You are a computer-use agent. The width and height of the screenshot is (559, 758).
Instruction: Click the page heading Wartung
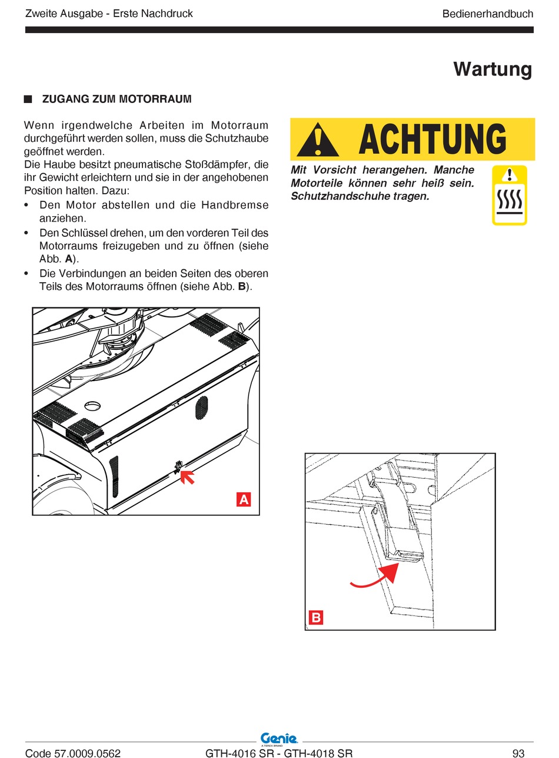click(x=493, y=69)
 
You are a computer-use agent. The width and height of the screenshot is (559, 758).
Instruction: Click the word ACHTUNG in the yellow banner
click(x=432, y=140)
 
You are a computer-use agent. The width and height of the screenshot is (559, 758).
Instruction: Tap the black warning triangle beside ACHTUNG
click(x=318, y=140)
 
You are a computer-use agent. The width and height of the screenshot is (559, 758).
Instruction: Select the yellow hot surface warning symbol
click(x=509, y=195)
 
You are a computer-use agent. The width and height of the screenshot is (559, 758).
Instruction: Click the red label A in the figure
click(x=243, y=499)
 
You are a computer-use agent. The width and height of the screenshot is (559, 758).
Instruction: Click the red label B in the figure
click(x=316, y=617)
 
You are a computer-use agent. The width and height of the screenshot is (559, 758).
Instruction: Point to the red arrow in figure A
click(x=188, y=476)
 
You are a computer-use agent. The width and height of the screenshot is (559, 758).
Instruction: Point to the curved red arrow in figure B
click(x=377, y=577)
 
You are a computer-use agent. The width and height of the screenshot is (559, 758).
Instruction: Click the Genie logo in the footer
click(x=279, y=739)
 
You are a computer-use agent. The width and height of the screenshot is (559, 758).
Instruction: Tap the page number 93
click(x=518, y=753)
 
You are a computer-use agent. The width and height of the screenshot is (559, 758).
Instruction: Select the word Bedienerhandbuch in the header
click(x=487, y=14)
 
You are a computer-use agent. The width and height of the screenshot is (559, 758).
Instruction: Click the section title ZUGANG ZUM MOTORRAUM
click(x=117, y=99)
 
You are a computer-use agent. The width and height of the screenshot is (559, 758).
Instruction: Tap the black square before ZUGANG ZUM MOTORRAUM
click(x=28, y=99)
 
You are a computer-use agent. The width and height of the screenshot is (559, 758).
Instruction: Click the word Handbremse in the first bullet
click(x=235, y=206)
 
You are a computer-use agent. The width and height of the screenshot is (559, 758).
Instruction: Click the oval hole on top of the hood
click(x=93, y=406)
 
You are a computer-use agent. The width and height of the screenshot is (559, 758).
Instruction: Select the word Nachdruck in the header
click(x=167, y=14)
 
